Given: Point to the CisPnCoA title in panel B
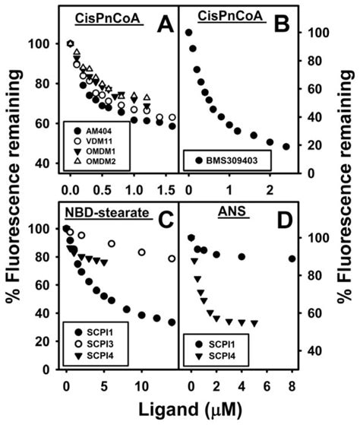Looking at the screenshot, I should pos(216,17).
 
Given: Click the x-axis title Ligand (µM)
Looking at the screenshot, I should pos(179,408).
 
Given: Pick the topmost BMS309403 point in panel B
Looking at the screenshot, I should pos(188,33).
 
